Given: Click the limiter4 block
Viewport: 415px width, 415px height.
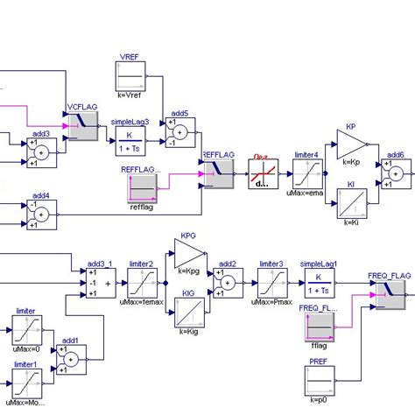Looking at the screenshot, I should [306, 173].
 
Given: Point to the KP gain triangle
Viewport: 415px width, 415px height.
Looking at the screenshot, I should [351, 144].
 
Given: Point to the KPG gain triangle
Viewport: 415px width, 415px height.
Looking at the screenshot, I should [187, 255].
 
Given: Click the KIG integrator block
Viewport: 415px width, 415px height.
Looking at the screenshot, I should [187, 313].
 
